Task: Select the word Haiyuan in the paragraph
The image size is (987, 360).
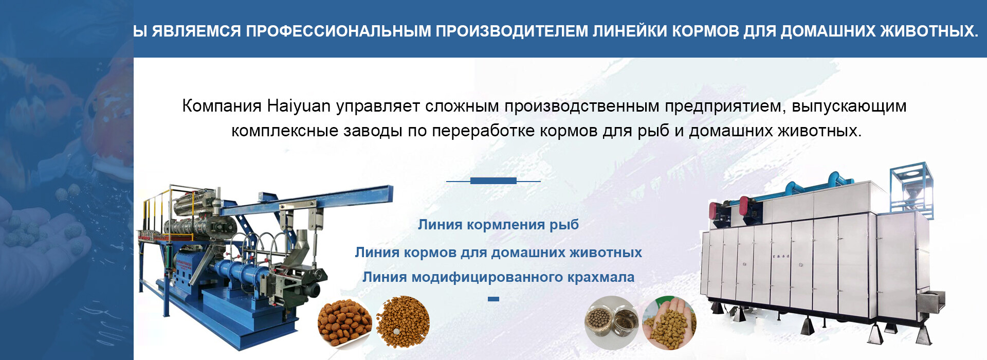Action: coord(299,106)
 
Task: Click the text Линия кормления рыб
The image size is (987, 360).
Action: coord(498,224)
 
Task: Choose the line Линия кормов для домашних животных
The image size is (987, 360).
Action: coord(498,252)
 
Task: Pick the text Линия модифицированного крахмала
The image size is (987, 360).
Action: coord(498,277)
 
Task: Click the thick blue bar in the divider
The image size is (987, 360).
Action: coord(493,181)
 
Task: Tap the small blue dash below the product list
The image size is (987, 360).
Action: coord(493,299)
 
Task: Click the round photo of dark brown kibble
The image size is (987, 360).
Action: coord(344,323)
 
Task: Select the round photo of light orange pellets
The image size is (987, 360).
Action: coord(403,322)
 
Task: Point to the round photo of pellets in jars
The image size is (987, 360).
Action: coord(611,322)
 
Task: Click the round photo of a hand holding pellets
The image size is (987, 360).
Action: coord(669,322)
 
